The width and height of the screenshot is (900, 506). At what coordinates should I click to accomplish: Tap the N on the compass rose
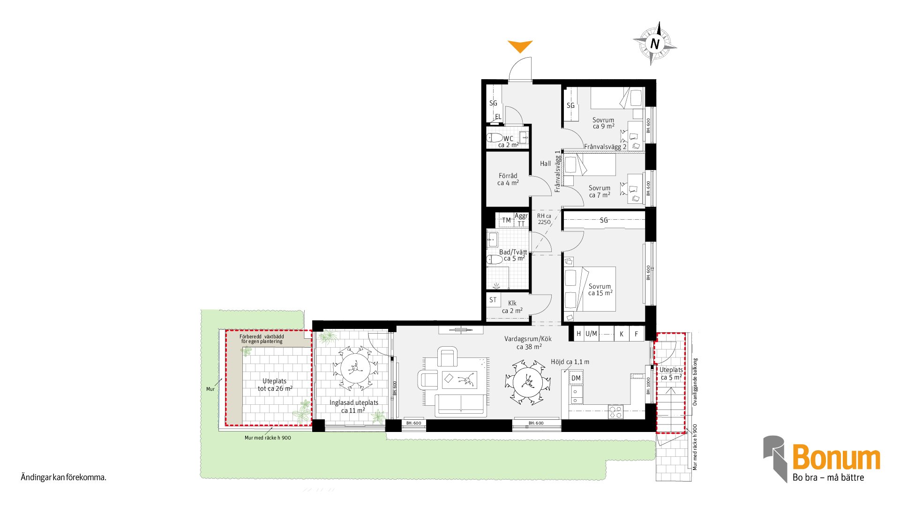[655, 44]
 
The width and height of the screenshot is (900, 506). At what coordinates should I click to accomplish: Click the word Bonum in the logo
[836, 458]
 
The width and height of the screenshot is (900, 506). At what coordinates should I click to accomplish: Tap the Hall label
[545, 164]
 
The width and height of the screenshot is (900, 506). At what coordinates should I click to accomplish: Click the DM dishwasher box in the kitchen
[576, 378]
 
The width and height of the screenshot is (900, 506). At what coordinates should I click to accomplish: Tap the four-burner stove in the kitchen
[616, 412]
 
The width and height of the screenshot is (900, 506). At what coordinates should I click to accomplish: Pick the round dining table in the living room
[528, 382]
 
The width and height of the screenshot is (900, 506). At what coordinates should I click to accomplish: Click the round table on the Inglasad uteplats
[355, 368]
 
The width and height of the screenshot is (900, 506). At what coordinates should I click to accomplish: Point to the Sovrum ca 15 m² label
[600, 290]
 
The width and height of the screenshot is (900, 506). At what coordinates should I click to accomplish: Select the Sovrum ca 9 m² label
[603, 123]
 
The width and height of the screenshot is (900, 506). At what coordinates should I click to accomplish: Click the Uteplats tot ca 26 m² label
[275, 385]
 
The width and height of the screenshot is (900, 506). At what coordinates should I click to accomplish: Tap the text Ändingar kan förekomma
[64, 477]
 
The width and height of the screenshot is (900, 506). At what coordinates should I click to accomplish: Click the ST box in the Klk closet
[493, 300]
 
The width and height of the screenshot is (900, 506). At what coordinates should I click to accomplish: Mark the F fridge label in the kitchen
[636, 334]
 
